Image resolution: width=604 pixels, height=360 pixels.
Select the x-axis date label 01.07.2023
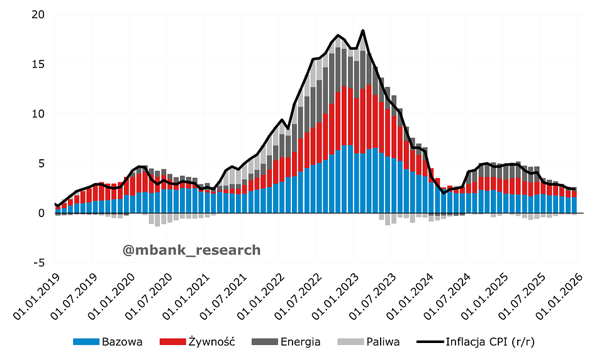click(x=372, y=295)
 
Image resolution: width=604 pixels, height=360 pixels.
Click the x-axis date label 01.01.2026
click(x=559, y=295)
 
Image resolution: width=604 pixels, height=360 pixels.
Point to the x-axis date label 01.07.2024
click(x=447, y=295)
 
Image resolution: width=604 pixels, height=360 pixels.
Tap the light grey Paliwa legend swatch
click(x=350, y=342)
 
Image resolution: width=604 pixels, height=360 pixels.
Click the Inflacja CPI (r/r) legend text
click(x=489, y=342)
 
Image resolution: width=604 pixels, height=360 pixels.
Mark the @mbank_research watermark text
click(x=191, y=250)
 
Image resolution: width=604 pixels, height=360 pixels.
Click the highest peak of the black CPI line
click(x=363, y=30)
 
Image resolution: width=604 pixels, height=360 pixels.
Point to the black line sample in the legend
click(x=429, y=342)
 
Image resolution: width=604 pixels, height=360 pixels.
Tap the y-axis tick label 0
click(x=42, y=213)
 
